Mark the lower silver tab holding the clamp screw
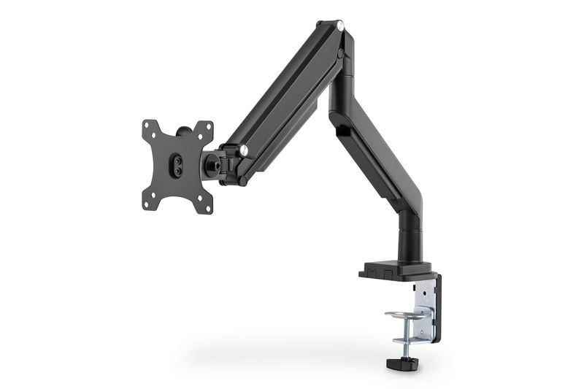coord(409,340)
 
